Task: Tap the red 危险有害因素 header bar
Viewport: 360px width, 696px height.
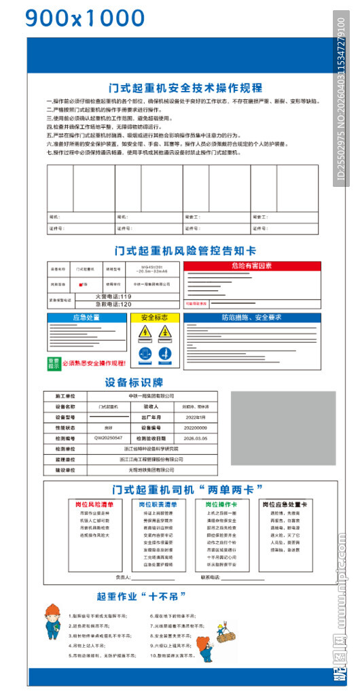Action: click(251, 266)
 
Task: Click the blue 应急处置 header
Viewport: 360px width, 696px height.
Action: click(87, 317)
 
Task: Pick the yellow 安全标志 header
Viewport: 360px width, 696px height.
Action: click(154, 317)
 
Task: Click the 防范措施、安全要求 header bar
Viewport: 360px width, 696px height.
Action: click(251, 317)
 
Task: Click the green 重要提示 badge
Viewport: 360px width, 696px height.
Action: click(53, 362)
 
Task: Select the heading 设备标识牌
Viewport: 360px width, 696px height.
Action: click(134, 382)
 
